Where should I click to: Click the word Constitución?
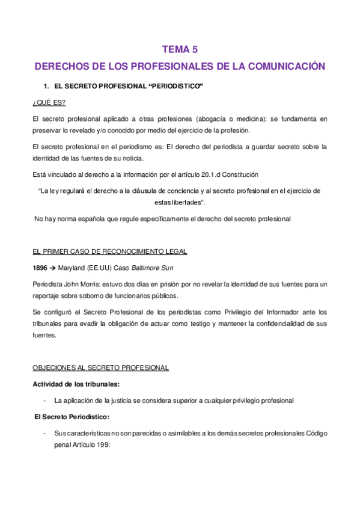click(239, 174)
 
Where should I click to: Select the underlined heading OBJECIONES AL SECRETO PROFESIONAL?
click(100, 367)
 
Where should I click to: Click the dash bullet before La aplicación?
click(46, 399)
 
